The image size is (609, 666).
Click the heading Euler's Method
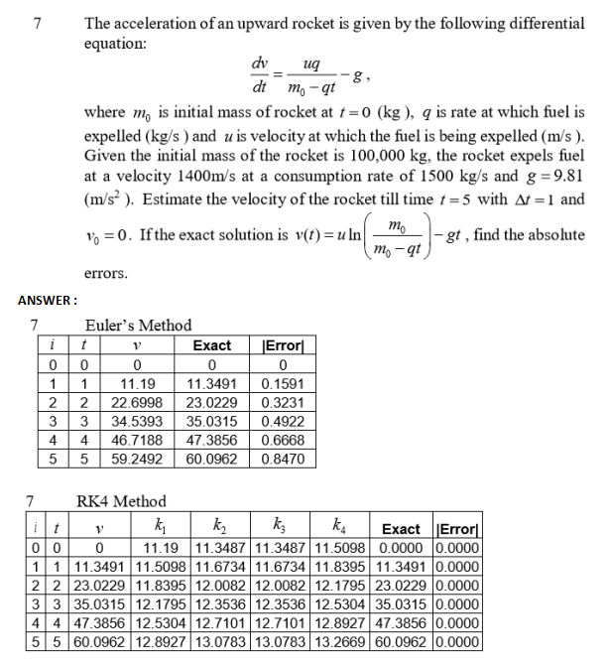(x=138, y=325)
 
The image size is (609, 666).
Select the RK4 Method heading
(x=121, y=501)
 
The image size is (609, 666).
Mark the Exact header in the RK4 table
(x=401, y=529)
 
